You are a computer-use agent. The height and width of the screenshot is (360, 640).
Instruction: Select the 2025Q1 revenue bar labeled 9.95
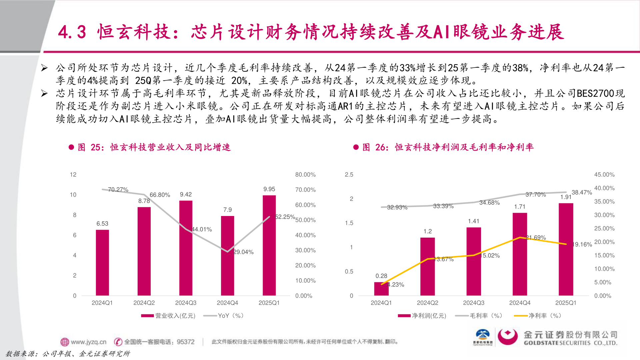coord(269,245)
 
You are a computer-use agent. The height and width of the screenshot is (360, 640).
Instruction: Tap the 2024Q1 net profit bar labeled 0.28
coord(381,289)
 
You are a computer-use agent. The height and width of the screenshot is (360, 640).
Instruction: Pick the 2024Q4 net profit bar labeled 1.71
coord(520,254)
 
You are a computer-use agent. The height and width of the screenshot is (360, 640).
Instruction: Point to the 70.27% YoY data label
coord(118,190)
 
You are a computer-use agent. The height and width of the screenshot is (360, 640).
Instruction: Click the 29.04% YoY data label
coord(243,252)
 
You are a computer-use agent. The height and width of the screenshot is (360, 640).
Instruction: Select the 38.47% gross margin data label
coord(582,192)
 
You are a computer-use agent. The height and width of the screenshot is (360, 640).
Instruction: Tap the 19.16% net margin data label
coord(582,244)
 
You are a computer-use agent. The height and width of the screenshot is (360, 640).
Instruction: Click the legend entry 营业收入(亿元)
coord(168,316)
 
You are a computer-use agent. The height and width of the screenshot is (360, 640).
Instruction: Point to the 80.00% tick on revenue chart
coord(305,175)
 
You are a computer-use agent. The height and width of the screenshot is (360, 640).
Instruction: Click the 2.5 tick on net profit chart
coord(349,175)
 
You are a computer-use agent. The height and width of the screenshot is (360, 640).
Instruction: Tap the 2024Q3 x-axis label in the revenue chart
coord(186,303)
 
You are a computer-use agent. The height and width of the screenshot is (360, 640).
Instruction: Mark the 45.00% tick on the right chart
coord(604,175)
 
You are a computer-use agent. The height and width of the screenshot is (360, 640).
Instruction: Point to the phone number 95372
coord(185,342)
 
